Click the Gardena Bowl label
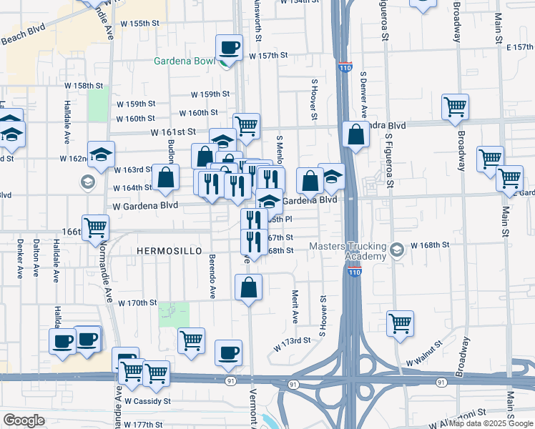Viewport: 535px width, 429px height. click(184, 61)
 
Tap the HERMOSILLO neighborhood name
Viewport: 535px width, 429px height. click(165, 252)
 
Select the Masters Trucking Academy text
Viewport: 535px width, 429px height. click(348, 252)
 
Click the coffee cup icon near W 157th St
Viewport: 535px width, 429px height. click(229, 49)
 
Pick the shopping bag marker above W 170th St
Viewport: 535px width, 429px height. click(248, 288)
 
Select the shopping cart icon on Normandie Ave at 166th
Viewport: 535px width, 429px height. click(95, 228)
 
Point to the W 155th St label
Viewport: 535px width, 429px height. click(139, 24)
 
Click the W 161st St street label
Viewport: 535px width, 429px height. click(173, 132)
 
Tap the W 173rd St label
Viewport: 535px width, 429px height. click(293, 344)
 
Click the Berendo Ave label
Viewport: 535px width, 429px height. click(212, 275)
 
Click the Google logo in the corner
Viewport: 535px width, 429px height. click(24, 420)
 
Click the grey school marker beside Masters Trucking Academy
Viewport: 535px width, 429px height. click(398, 250)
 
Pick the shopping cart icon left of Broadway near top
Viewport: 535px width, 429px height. click(455, 108)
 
